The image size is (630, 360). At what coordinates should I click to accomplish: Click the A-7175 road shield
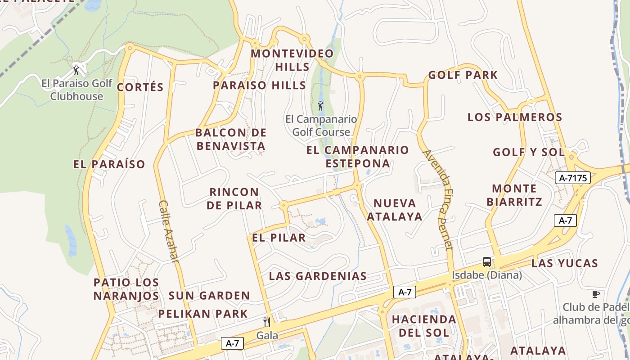(572, 178)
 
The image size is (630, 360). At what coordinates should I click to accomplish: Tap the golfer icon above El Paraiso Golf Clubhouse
(76, 70)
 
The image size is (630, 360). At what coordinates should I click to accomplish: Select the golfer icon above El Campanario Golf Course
(320, 106)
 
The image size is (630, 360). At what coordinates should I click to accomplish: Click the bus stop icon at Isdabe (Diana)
(486, 261)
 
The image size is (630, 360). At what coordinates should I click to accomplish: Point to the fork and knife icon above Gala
(267, 322)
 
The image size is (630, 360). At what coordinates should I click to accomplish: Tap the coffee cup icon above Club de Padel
(596, 294)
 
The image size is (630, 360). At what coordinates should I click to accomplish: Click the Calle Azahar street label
(169, 231)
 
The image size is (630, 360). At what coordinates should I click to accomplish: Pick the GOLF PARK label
(463, 75)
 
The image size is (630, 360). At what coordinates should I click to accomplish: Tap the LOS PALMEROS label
(515, 117)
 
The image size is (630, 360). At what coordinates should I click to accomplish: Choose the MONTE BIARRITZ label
(514, 195)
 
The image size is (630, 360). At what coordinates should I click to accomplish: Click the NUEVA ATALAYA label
(395, 210)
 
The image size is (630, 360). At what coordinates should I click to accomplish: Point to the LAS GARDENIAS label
(318, 276)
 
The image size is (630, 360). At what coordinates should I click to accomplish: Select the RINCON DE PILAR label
(234, 198)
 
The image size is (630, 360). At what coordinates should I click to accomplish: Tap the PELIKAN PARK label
(203, 314)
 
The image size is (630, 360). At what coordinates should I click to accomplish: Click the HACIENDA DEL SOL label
(423, 326)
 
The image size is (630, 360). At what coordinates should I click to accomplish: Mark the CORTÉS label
(140, 87)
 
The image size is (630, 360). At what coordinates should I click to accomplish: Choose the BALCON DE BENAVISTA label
(231, 139)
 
